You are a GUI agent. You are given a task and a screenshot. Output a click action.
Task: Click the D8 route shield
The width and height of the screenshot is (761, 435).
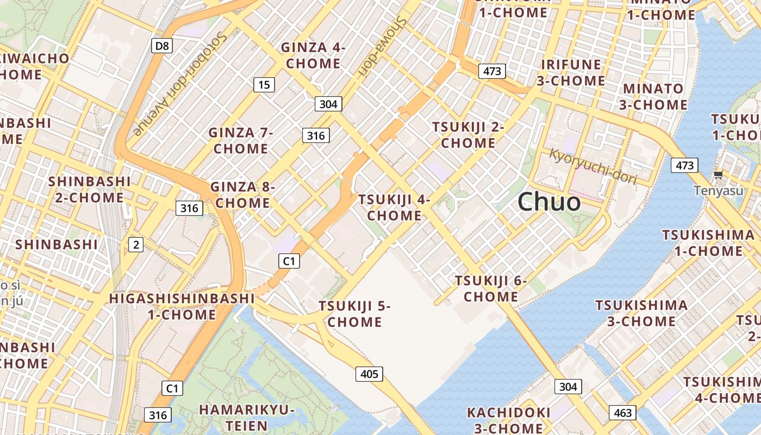click(x=162, y=46)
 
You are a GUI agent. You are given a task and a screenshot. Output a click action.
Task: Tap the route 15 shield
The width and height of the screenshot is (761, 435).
click(x=264, y=84)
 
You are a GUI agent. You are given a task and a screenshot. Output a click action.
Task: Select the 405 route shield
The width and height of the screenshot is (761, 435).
click(x=369, y=374)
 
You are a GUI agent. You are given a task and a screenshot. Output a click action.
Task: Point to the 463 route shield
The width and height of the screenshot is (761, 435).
click(x=622, y=413)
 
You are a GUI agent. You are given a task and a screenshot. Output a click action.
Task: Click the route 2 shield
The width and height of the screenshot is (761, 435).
click(x=135, y=245)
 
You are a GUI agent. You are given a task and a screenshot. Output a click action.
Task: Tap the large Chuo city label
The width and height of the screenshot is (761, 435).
click(x=549, y=202)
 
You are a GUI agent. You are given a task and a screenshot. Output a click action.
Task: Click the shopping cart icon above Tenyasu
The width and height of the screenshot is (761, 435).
click(x=718, y=175)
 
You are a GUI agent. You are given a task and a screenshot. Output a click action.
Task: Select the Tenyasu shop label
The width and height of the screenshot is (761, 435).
click(x=718, y=191)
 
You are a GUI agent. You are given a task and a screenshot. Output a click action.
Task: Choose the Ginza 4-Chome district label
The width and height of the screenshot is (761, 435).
click(x=313, y=55)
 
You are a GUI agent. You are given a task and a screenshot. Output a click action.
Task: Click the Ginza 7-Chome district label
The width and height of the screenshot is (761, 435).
click(x=241, y=140)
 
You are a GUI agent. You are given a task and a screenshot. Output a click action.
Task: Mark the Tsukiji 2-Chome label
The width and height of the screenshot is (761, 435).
click(x=468, y=135)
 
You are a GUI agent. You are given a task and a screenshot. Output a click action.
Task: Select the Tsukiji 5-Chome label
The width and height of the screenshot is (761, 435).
click(x=354, y=314)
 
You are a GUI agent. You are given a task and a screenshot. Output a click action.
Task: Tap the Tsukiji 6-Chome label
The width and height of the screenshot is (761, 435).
click(x=491, y=289)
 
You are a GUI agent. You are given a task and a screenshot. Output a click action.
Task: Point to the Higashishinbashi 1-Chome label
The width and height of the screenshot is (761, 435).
click(x=182, y=306)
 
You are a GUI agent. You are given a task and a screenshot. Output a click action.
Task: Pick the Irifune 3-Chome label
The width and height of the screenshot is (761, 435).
click(x=571, y=73)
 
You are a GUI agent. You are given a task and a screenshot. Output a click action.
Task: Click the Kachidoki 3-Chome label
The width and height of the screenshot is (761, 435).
click(x=509, y=420)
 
